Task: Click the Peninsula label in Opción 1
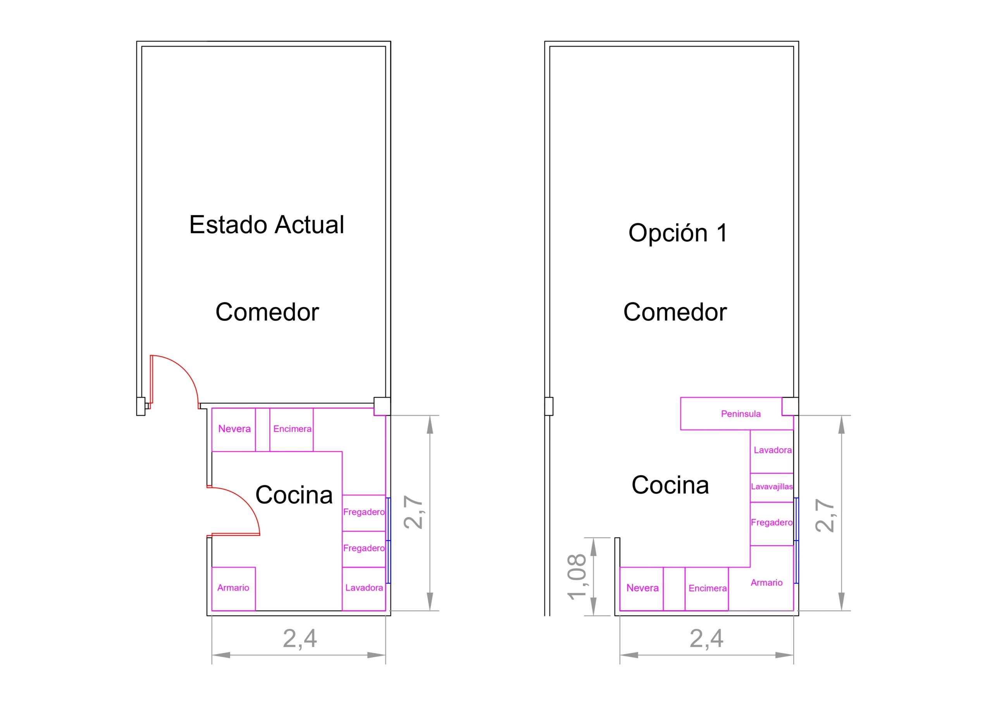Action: pyautogui.click(x=740, y=414)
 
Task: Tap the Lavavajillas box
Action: pyautogui.click(x=772, y=487)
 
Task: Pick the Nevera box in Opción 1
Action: pyautogui.click(x=642, y=589)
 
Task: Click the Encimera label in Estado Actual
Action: pyautogui.click(x=292, y=429)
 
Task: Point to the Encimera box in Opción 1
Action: pyautogui.click(x=707, y=589)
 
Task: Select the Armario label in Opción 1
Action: pyautogui.click(x=766, y=582)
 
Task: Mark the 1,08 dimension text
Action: pyautogui.click(x=577, y=577)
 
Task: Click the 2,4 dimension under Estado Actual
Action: pyautogui.click(x=300, y=639)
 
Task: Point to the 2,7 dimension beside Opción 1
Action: pyautogui.click(x=824, y=515)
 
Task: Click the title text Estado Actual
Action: pyautogui.click(x=267, y=225)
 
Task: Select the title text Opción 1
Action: pyautogui.click(x=678, y=233)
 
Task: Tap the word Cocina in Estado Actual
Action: pyautogui.click(x=294, y=495)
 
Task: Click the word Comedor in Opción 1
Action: pyautogui.click(x=675, y=312)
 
